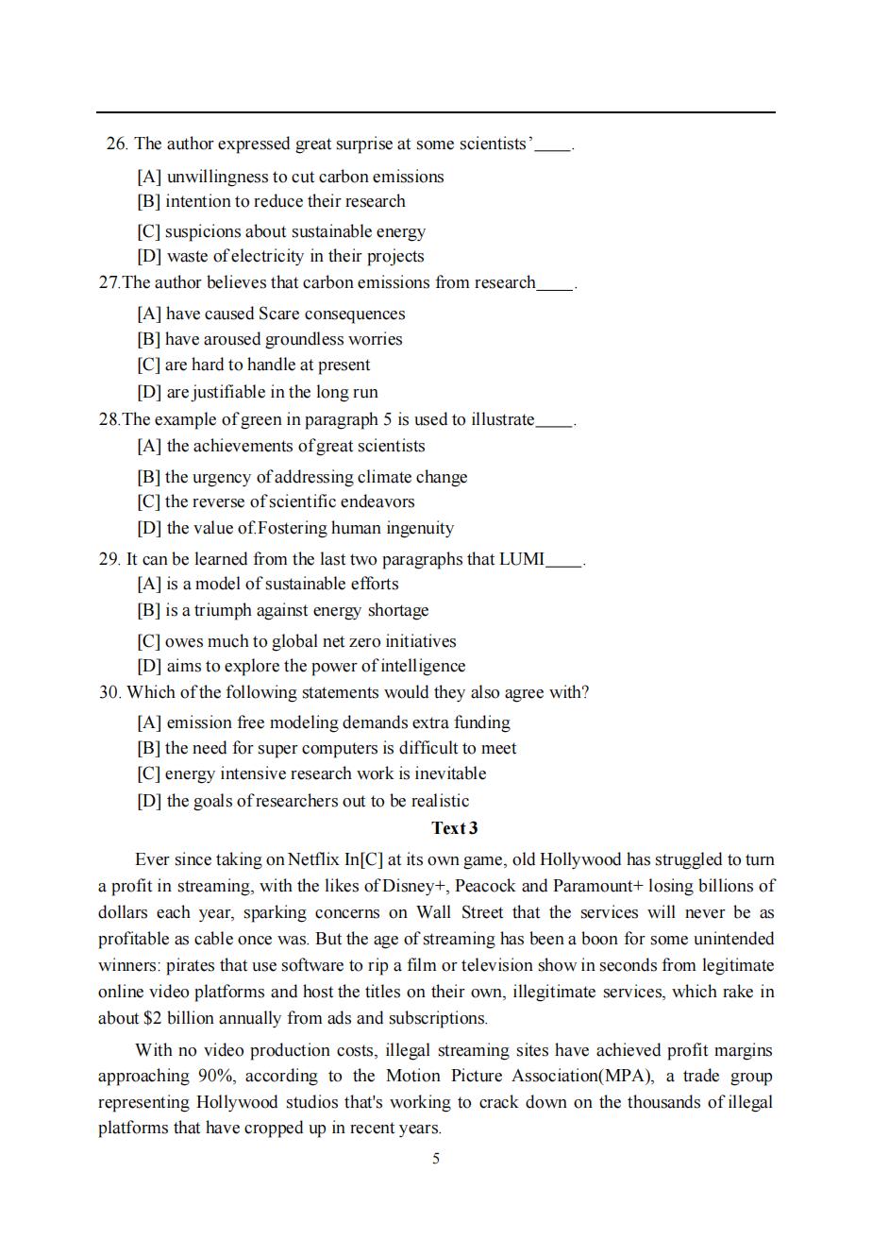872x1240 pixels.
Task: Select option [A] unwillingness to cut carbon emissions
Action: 290,177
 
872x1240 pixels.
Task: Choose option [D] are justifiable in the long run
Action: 257,392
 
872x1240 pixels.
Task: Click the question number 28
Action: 109,419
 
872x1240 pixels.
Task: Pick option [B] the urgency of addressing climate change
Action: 302,477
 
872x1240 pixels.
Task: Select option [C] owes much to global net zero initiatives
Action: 296,641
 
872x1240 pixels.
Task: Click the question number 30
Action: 110,692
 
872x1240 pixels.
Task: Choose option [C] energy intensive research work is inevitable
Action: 311,773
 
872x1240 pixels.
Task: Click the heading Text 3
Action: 454,828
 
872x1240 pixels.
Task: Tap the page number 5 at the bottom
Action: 436,1159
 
